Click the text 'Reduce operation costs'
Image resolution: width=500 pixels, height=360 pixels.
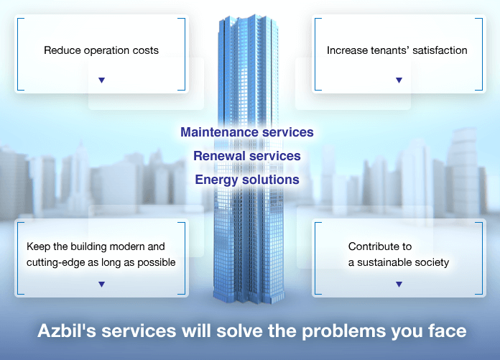[101, 50]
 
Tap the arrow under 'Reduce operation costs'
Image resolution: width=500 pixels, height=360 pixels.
[102, 80]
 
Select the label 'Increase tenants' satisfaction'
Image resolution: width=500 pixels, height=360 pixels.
[397, 50]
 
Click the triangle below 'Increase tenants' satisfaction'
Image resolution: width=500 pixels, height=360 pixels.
[399, 80]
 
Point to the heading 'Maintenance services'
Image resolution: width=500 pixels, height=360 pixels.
[247, 132]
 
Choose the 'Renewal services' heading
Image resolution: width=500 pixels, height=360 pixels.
[247, 156]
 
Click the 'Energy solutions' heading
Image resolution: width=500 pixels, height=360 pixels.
[247, 180]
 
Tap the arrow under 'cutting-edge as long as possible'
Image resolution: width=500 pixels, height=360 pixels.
[102, 284]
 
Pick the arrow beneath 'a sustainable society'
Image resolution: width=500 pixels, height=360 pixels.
[399, 284]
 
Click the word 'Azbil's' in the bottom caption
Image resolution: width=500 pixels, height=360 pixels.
[67, 331]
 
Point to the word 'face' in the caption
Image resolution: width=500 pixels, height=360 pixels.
[448, 331]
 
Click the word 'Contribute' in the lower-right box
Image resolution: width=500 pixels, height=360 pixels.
[370, 246]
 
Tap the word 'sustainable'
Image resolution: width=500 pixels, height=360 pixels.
[386, 262]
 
